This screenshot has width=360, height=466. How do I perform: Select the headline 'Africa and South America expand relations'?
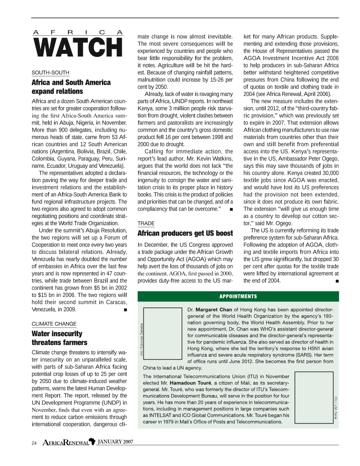pos(71,87)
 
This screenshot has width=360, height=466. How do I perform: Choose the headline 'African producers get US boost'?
pos(185,233)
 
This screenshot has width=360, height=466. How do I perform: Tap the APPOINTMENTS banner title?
pos(238,296)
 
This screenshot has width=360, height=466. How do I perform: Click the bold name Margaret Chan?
pos(214,310)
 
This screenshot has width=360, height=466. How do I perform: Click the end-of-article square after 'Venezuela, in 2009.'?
pos(126,310)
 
